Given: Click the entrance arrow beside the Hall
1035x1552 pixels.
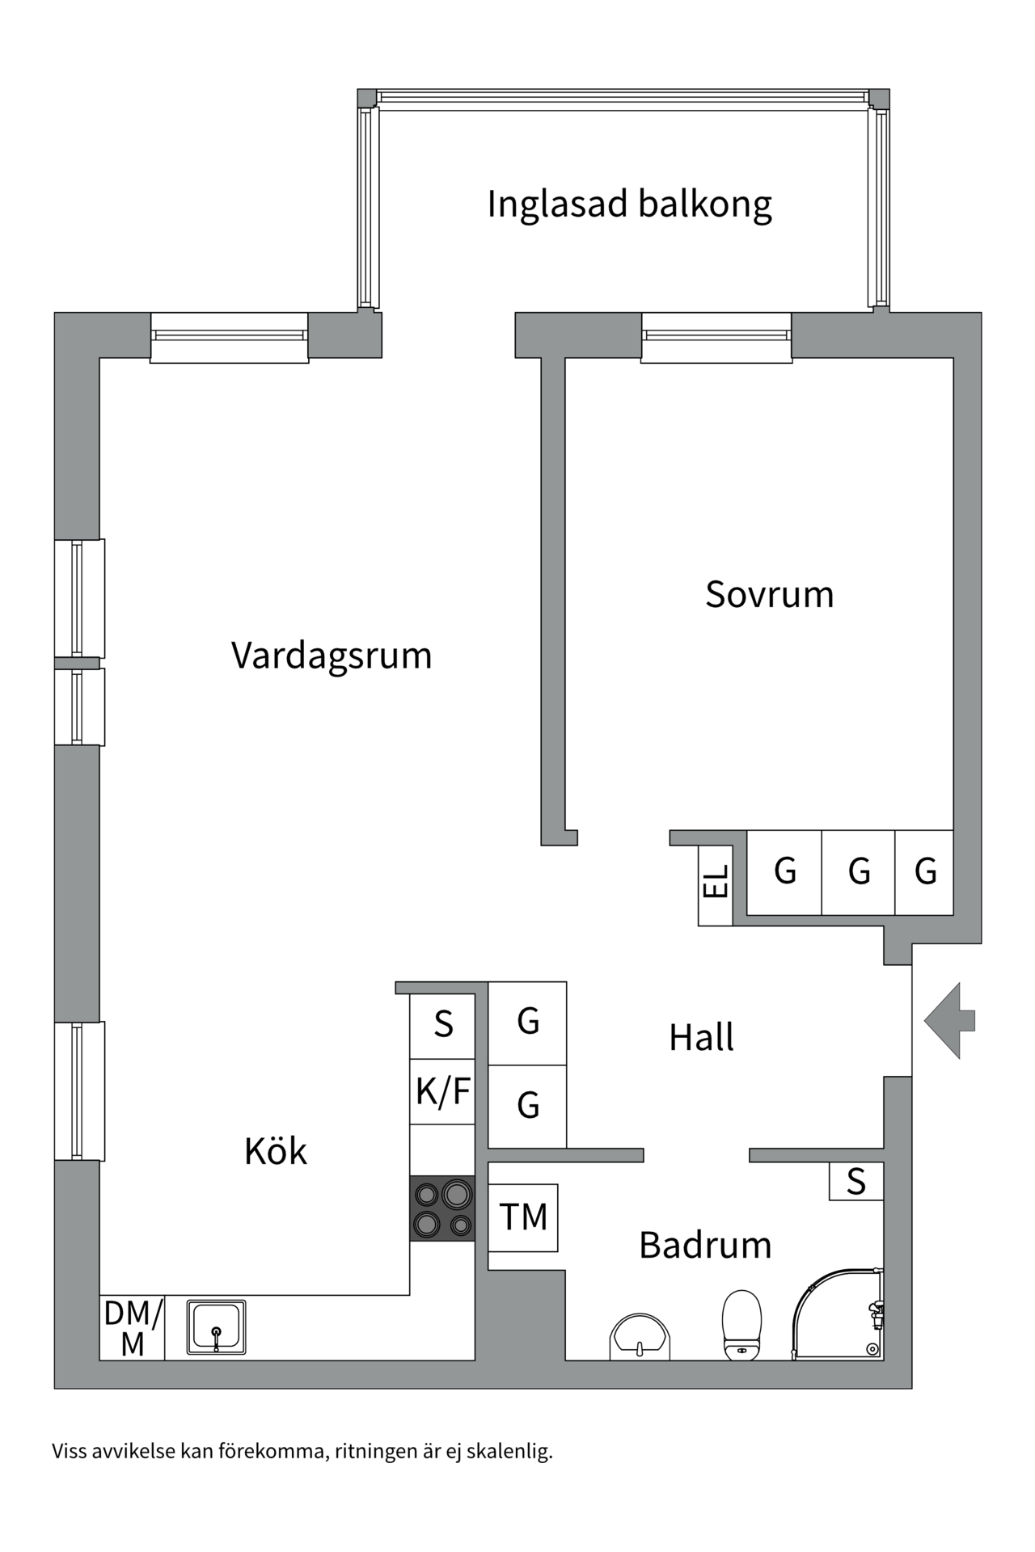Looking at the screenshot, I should coord(951,1021).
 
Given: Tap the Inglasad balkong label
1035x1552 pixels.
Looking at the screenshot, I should coord(629,205).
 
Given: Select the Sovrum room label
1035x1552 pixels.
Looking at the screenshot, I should coord(769,595).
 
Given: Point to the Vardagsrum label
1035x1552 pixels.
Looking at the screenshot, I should coord(332,656).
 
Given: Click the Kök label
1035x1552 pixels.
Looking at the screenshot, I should coord(276,1151).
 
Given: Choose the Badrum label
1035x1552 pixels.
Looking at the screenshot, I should coord(705,1245).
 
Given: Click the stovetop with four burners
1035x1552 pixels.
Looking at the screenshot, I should coord(442,1208).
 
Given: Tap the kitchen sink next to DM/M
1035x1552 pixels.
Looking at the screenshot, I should coord(216,1326).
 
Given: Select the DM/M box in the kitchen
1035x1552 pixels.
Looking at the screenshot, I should coord(133,1327).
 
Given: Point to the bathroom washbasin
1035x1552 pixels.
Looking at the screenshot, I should coord(640,1337).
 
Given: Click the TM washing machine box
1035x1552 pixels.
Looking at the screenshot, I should coord(523,1217).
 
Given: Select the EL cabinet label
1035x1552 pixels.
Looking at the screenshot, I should coord(716,882).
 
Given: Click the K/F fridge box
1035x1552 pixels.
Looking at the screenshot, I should coord(442,1091).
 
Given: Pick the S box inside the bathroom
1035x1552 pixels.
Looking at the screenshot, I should coord(855,1182).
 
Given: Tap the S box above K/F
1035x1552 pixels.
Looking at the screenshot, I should coord(442,1025).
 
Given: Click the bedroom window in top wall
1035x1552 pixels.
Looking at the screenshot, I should coord(716,336).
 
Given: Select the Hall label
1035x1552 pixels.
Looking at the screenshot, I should coord(701,1038).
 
